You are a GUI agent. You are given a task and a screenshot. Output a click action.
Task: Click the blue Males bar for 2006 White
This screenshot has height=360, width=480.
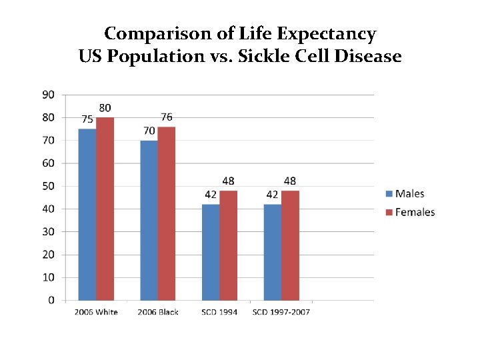(x=87, y=214)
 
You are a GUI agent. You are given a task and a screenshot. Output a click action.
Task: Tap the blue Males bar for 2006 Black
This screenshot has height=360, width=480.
(x=149, y=220)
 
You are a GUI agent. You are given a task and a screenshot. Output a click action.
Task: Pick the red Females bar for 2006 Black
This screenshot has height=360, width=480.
(x=167, y=213)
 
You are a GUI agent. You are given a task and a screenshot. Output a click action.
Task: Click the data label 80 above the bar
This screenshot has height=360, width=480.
(x=105, y=108)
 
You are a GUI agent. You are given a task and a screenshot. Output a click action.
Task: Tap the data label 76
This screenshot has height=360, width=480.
(x=167, y=117)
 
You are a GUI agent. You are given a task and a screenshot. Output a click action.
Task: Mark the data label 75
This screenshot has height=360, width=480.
(x=87, y=119)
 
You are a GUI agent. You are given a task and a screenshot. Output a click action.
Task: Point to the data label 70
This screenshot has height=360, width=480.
(x=149, y=131)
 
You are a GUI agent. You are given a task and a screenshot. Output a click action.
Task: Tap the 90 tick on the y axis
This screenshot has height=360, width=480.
(x=49, y=95)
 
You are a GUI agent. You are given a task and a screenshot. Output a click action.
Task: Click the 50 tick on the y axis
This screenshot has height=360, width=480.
(x=49, y=186)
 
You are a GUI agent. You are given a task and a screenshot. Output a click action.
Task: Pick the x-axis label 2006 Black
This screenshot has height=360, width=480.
(x=158, y=312)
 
